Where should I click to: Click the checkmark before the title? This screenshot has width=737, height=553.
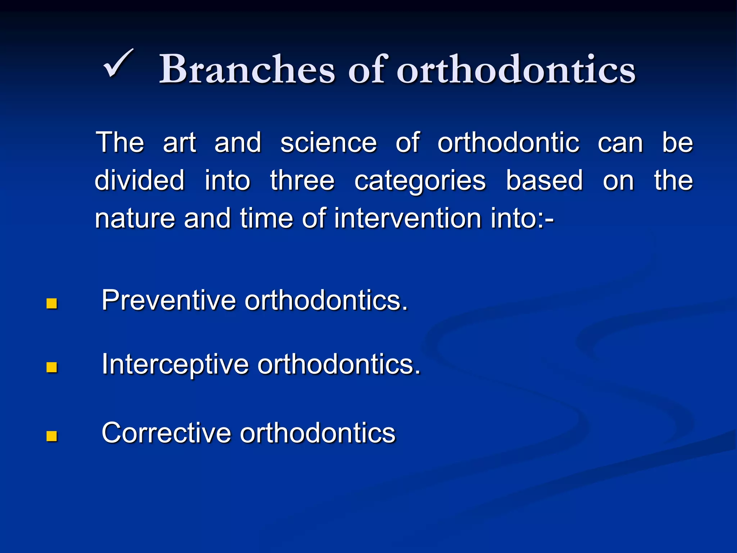tap(118, 64)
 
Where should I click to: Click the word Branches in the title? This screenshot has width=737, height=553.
tap(247, 69)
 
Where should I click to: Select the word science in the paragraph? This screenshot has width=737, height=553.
tap(328, 143)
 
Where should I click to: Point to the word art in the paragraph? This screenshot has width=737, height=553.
tap(179, 143)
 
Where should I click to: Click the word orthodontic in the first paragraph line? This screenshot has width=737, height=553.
tap(508, 143)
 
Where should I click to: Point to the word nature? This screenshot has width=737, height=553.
tap(135, 219)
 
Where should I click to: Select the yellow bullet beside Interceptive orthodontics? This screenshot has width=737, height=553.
tap(52, 367)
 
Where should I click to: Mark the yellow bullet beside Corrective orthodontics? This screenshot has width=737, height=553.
tap(52, 436)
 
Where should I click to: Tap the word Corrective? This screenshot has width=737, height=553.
tap(166, 432)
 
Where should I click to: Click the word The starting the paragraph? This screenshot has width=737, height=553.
tap(120, 143)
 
